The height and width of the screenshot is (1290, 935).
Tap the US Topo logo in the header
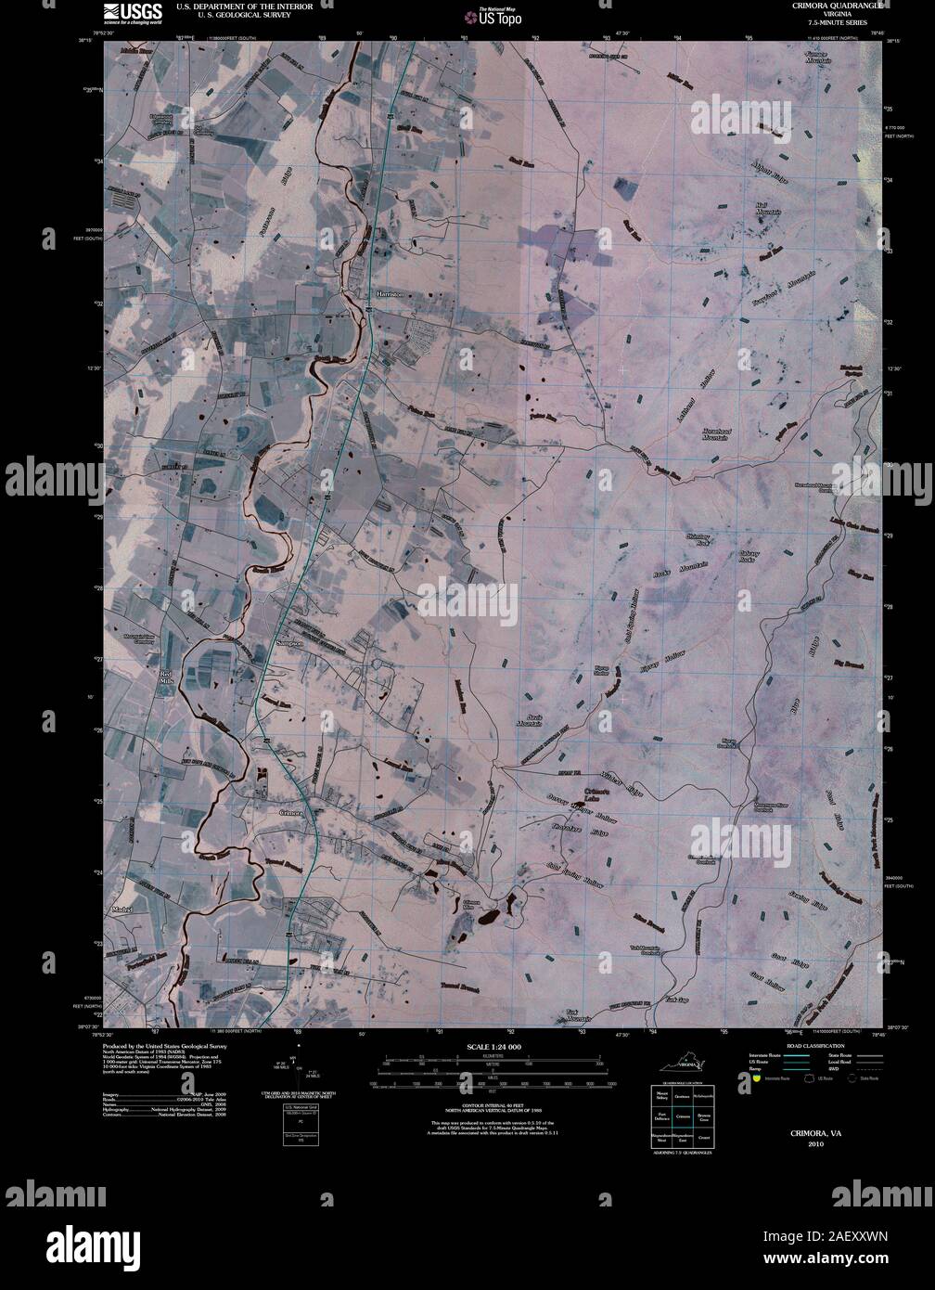pyautogui.click(x=493, y=15)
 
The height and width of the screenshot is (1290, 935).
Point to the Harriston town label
pyautogui.click(x=391, y=293)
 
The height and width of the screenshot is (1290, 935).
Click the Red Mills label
pyautogui.click(x=166, y=677)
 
